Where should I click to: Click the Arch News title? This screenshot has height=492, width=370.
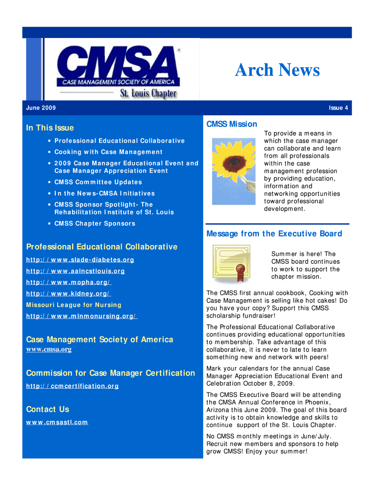pos(277,71)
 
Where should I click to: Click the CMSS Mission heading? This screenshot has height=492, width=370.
pos(232,124)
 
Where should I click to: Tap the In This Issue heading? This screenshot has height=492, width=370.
pos(50,128)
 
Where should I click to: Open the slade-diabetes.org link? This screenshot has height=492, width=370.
pos(80,260)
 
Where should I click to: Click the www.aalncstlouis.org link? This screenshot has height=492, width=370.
pos(75,271)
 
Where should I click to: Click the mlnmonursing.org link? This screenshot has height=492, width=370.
pos(82,316)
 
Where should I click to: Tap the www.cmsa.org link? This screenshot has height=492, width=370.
pos(49,349)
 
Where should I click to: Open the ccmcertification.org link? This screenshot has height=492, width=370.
pos(72,386)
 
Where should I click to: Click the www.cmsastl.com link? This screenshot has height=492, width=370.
pos(57,422)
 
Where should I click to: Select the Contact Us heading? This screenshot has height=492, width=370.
pos(48,409)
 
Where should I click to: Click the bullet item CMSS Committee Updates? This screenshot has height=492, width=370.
pos(98,182)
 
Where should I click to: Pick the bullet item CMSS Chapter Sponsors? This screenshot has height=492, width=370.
pos(95,223)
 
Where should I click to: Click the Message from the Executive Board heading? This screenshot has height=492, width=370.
pos(274,234)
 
